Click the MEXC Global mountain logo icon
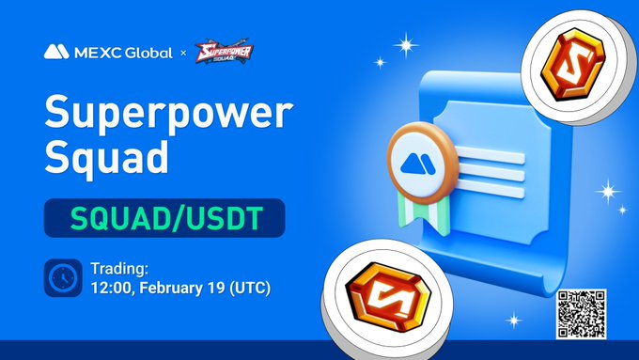(x=55, y=53)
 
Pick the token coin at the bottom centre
(x=380, y=296)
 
